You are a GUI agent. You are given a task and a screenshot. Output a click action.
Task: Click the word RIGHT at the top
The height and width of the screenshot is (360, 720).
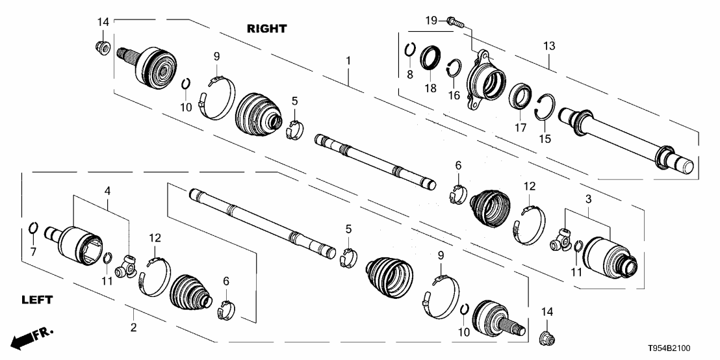click(266, 29)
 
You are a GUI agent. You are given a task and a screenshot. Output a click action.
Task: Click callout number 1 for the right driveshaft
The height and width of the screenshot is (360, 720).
click(348, 60)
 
